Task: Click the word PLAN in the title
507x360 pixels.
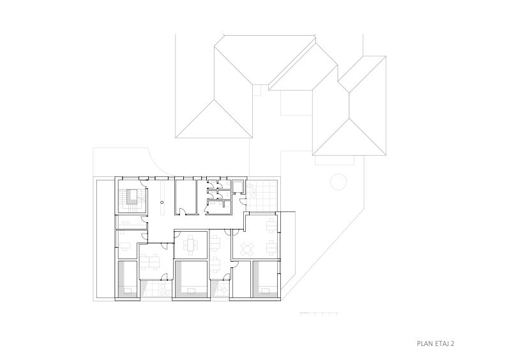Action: tap(424, 343)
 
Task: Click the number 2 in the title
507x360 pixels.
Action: tap(452, 343)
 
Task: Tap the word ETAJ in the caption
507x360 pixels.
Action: tap(441, 343)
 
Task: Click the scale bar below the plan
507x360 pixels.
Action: tap(319, 313)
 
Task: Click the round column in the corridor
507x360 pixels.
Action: tap(162, 202)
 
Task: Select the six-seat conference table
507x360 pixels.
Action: tap(190, 246)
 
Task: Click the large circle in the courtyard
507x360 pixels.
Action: tap(338, 182)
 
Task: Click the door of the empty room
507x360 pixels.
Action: tap(183, 211)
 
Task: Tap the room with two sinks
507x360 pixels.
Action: tap(130, 222)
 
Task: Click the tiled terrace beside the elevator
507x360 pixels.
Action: tap(261, 194)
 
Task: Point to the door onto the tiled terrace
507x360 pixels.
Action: tap(242, 202)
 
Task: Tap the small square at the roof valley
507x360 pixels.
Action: tap(257, 90)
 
